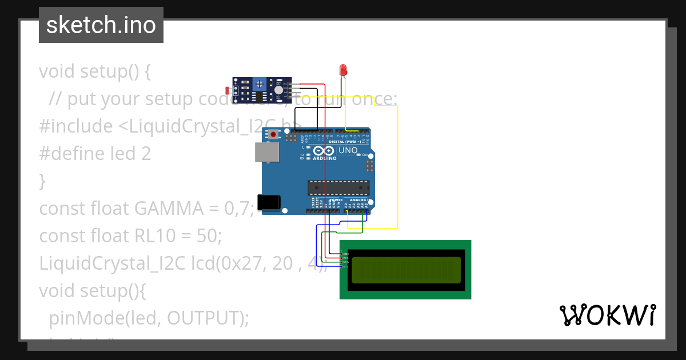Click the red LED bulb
(344, 70)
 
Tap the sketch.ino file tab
(101, 25)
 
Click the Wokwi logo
(607, 315)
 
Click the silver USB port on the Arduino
(266, 152)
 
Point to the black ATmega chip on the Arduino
(338, 187)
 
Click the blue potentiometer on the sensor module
(260, 84)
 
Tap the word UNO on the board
(348, 151)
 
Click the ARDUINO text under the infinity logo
(325, 158)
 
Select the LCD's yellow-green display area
(406, 270)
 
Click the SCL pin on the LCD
(345, 267)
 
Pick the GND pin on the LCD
(345, 253)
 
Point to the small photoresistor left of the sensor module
(228, 90)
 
